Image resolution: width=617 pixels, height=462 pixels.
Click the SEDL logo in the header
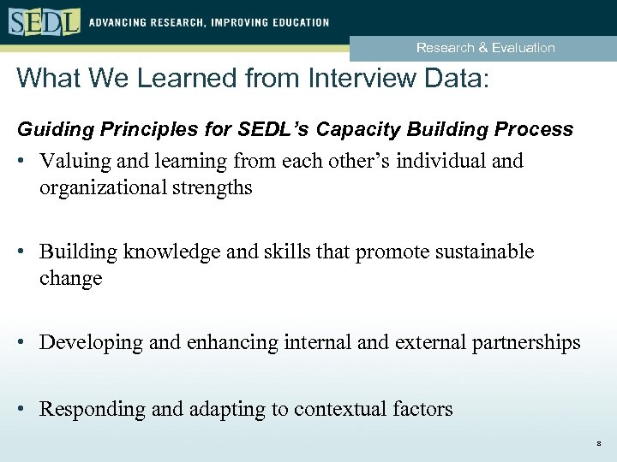click(44, 21)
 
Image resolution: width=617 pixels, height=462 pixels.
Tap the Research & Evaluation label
click(485, 48)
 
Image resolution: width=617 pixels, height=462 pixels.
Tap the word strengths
click(215, 187)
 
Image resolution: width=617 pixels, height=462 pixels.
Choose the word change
click(70, 278)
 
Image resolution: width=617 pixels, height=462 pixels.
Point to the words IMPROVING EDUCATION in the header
click(267, 22)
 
